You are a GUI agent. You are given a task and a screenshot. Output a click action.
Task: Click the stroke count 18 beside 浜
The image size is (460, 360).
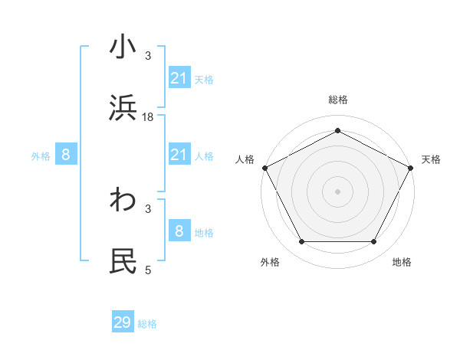pyautogui.click(x=148, y=117)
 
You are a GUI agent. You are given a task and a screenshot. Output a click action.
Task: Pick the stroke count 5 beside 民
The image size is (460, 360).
pyautogui.click(x=148, y=270)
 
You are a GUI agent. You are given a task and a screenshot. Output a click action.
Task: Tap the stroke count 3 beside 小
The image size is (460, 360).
pyautogui.click(x=148, y=56)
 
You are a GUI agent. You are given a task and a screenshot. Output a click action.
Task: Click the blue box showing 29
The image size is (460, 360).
pyautogui.click(x=123, y=322)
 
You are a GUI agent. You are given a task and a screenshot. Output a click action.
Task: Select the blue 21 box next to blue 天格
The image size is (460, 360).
pyautogui.click(x=179, y=78)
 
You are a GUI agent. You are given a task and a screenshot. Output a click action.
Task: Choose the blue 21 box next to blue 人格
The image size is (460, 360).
pyautogui.click(x=179, y=155)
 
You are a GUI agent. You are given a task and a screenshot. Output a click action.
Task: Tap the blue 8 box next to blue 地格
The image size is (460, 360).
pyautogui.click(x=179, y=231)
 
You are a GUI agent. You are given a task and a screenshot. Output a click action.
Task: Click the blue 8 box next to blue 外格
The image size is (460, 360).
pyautogui.click(x=66, y=155)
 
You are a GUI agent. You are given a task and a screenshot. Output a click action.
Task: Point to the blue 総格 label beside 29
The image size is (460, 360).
pyautogui.click(x=147, y=324)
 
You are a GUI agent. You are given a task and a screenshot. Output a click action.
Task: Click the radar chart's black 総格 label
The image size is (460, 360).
pyautogui.click(x=337, y=100)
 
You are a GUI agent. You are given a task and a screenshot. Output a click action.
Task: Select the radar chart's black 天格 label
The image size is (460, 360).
pyautogui.click(x=431, y=159)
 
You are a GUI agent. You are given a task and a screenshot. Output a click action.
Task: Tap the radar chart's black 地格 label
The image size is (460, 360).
pyautogui.click(x=402, y=262)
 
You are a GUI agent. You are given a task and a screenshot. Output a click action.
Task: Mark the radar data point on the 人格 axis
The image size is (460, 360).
pyautogui.click(x=264, y=167)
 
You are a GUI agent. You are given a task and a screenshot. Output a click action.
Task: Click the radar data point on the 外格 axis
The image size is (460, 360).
pyautogui.click(x=301, y=242)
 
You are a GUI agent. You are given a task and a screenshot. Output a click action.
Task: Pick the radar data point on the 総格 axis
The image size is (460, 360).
pyautogui.click(x=337, y=131)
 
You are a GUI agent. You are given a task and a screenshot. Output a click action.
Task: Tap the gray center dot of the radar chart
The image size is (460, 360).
pyautogui.click(x=337, y=191)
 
